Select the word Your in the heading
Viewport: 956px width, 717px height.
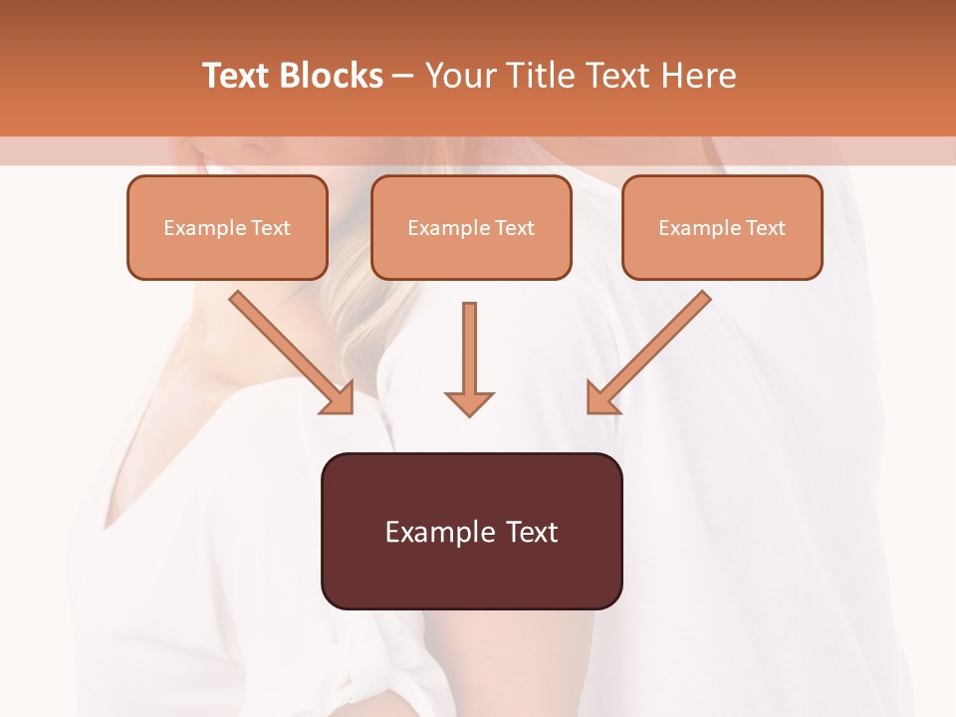click(457, 76)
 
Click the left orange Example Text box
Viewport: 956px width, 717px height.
click(227, 227)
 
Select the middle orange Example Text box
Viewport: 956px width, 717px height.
click(471, 227)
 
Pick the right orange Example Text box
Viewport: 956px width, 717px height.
click(722, 227)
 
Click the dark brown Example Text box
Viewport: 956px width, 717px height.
click(471, 531)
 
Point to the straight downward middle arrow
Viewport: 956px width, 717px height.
click(469, 349)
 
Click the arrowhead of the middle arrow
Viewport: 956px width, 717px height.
click(469, 402)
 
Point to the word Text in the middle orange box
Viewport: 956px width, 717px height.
click(514, 228)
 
